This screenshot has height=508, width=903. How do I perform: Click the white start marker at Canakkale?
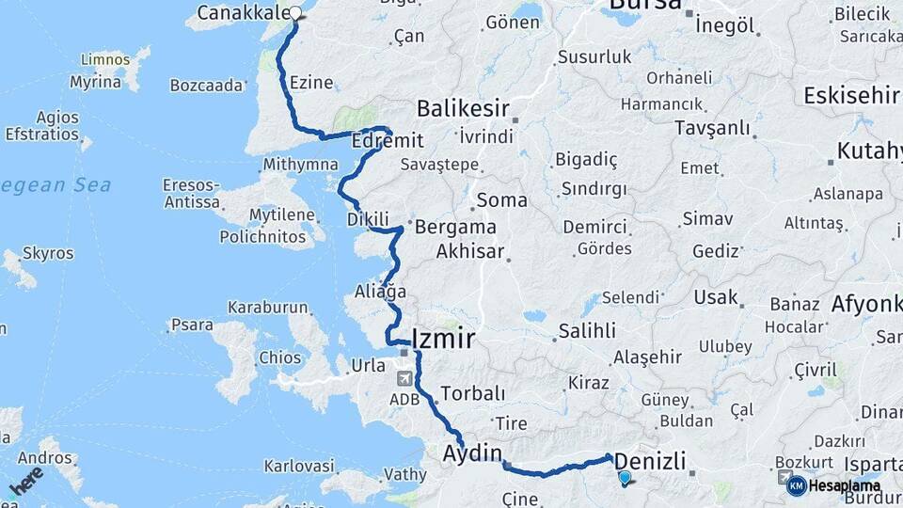point(296,13)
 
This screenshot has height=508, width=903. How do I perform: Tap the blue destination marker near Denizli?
point(625,478)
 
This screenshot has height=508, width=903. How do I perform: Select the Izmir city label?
point(443,339)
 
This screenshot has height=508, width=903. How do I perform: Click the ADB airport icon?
point(405,378)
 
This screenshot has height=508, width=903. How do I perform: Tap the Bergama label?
point(455,227)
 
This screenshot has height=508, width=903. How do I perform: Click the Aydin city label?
point(472,453)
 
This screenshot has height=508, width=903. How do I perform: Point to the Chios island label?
point(279,357)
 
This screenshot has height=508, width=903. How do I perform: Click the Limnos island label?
point(105,59)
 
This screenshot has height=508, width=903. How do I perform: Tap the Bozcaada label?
point(206,86)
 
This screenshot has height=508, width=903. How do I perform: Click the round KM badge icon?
point(796,486)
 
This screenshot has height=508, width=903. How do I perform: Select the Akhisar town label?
point(470,252)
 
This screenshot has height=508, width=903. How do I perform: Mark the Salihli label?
point(587,330)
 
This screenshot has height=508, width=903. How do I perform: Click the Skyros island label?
point(48,253)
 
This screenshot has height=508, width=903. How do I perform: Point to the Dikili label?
point(368,219)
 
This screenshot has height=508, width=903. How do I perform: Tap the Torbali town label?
point(473,393)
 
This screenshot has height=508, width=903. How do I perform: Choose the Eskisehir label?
point(852,95)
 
